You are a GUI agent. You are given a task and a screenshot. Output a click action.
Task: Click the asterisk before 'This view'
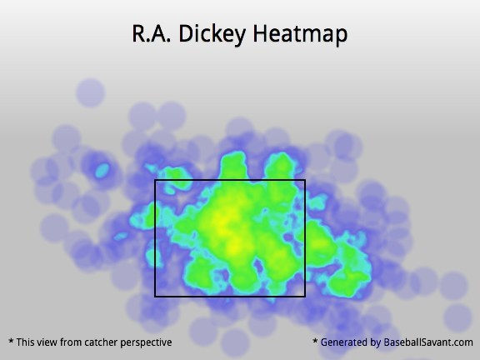tap(11, 341)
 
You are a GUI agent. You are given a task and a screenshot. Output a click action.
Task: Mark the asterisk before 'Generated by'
tap(315, 341)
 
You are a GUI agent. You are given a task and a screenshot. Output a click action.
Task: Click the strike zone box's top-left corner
tap(155, 180)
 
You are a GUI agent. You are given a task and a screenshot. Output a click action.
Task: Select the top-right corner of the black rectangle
tap(305, 180)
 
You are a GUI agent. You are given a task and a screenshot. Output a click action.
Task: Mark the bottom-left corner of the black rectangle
tap(155, 297)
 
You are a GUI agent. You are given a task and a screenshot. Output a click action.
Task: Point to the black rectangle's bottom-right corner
tap(305, 297)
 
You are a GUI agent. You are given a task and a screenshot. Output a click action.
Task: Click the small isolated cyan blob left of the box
tap(102, 171)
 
